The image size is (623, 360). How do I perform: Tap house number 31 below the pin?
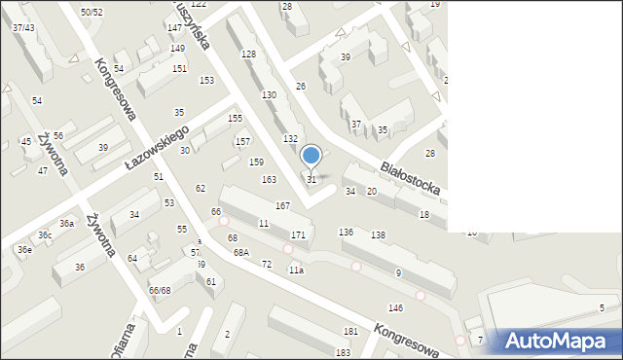tap(311, 179)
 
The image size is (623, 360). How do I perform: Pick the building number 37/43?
tap(23, 27)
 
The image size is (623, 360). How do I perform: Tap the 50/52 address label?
tap(92, 12)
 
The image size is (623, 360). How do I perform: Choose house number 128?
tap(248, 54)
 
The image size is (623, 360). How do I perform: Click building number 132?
tap(290, 139)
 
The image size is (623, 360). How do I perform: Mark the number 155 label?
tap(235, 118)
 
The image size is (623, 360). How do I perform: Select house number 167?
tap(282, 205)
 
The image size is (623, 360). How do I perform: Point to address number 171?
tap(298, 235)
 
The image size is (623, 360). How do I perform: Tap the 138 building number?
tap(378, 235)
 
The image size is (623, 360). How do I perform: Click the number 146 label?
tap(395, 307)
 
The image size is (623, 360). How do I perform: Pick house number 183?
tap(343, 352)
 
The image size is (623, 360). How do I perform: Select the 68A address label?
tap(240, 252)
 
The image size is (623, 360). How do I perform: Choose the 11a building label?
tap(295, 270)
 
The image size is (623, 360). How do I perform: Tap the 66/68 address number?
tap(160, 290)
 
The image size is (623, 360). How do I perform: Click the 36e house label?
tap(23, 250)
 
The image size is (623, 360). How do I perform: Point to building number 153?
tap(206, 80)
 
